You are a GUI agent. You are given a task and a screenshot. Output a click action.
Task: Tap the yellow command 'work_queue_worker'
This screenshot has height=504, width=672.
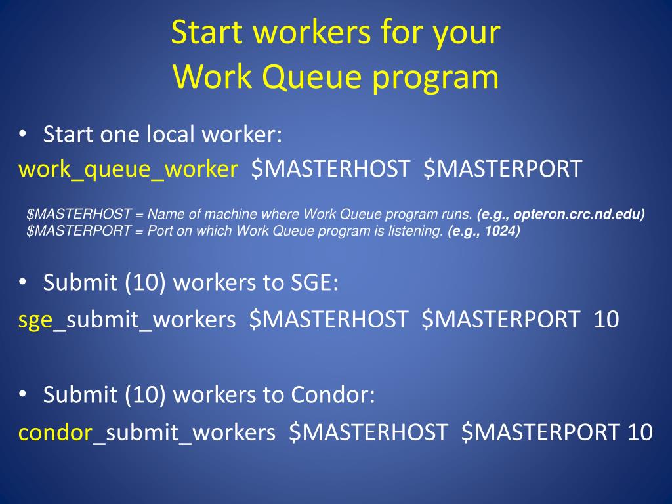128,169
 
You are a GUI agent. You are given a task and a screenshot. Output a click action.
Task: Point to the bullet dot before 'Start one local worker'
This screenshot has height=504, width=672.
23,135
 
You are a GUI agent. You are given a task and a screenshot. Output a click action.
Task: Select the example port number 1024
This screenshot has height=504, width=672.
501,230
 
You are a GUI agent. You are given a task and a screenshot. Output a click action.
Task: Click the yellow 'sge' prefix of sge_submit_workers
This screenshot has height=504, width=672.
35,320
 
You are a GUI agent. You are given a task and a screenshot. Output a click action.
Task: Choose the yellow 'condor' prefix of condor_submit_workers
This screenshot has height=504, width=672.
54,432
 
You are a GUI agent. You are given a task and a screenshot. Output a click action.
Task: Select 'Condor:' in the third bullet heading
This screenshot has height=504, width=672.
333,395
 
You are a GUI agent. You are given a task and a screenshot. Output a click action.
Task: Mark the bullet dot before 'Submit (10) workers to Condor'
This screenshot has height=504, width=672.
23,395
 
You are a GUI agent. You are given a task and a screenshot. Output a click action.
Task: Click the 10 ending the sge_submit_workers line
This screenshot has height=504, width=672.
606,320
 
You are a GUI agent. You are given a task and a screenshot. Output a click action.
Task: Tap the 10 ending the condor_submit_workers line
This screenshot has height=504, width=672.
639,432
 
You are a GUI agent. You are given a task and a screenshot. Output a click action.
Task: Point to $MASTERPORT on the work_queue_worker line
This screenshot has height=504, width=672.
503,169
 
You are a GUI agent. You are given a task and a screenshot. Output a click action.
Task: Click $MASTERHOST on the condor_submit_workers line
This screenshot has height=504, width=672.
368,432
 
